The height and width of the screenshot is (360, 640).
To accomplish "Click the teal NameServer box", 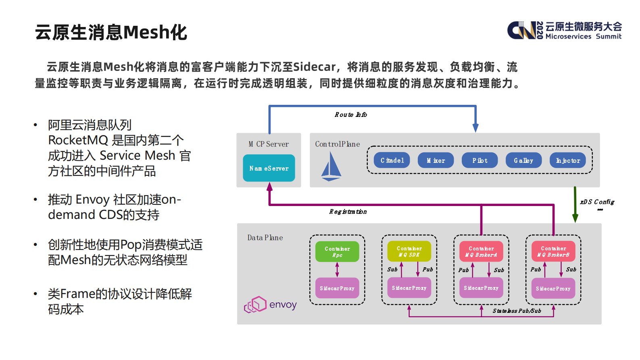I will tap(269, 168).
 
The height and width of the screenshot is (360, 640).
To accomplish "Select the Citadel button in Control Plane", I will tap(392, 160).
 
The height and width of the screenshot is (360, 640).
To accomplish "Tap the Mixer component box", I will tap(436, 160).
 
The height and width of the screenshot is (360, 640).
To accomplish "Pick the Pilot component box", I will tap(479, 160).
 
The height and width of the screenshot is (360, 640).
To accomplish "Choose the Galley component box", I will tap(523, 160).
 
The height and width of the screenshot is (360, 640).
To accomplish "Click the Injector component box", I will tap(567, 160).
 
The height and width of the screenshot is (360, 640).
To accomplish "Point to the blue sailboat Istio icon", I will tap(331, 166).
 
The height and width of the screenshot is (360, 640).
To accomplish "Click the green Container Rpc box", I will tap(337, 252).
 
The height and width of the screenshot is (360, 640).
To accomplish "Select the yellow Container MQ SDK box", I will tap(409, 251).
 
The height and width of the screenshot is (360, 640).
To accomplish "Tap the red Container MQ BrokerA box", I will tap(481, 251).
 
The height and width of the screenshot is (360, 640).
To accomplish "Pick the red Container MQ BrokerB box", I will tap(553, 251).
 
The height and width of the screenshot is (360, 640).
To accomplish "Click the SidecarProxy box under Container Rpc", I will tap(337, 288).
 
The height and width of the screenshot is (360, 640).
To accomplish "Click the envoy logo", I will tap(271, 305).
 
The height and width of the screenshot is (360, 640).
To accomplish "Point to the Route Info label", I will tap(350, 115).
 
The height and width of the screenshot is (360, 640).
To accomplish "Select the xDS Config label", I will tap(597, 202).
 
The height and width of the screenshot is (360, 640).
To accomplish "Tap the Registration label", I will tap(348, 212).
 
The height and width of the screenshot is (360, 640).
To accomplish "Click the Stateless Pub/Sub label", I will tap(517, 311).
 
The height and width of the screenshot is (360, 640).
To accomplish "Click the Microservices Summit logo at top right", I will tap(564, 30).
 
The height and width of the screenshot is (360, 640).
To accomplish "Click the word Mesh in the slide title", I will tap(147, 32).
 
